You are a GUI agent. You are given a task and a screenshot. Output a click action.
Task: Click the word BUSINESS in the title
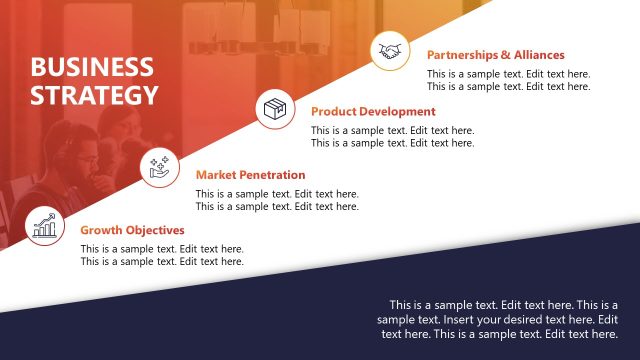(x=92, y=67)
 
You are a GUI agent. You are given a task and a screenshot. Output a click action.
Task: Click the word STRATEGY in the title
(x=94, y=95)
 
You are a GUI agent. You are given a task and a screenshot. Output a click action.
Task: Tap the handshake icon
(x=390, y=51)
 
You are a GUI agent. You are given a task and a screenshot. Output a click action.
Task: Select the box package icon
(x=275, y=108)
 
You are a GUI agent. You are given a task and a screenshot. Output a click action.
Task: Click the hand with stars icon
(x=158, y=165)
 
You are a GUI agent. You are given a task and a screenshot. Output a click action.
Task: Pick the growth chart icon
(x=43, y=226)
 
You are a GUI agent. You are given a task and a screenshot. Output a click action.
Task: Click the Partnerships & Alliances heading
(x=495, y=55)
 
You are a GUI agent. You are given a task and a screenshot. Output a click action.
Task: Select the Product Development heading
(x=373, y=112)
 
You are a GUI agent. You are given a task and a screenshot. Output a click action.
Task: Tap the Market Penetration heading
(x=250, y=175)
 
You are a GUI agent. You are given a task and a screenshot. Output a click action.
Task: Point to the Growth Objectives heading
(x=132, y=230)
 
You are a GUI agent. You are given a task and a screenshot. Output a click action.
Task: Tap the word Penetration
(x=272, y=175)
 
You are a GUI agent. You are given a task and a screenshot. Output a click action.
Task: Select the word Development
(x=397, y=112)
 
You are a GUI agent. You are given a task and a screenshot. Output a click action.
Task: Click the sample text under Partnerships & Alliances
(x=508, y=80)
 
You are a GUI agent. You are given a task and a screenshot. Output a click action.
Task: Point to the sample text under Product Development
(x=392, y=137)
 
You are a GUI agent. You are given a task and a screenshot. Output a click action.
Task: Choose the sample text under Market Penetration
(x=277, y=200)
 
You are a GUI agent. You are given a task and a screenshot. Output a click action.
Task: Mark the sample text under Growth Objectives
(x=162, y=255)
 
